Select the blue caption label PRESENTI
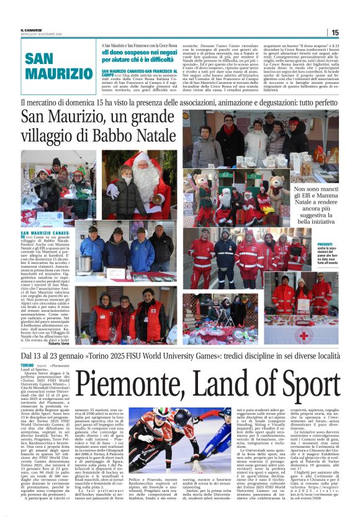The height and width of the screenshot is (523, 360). [325, 245]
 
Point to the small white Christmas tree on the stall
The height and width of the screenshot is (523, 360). [172, 334]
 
